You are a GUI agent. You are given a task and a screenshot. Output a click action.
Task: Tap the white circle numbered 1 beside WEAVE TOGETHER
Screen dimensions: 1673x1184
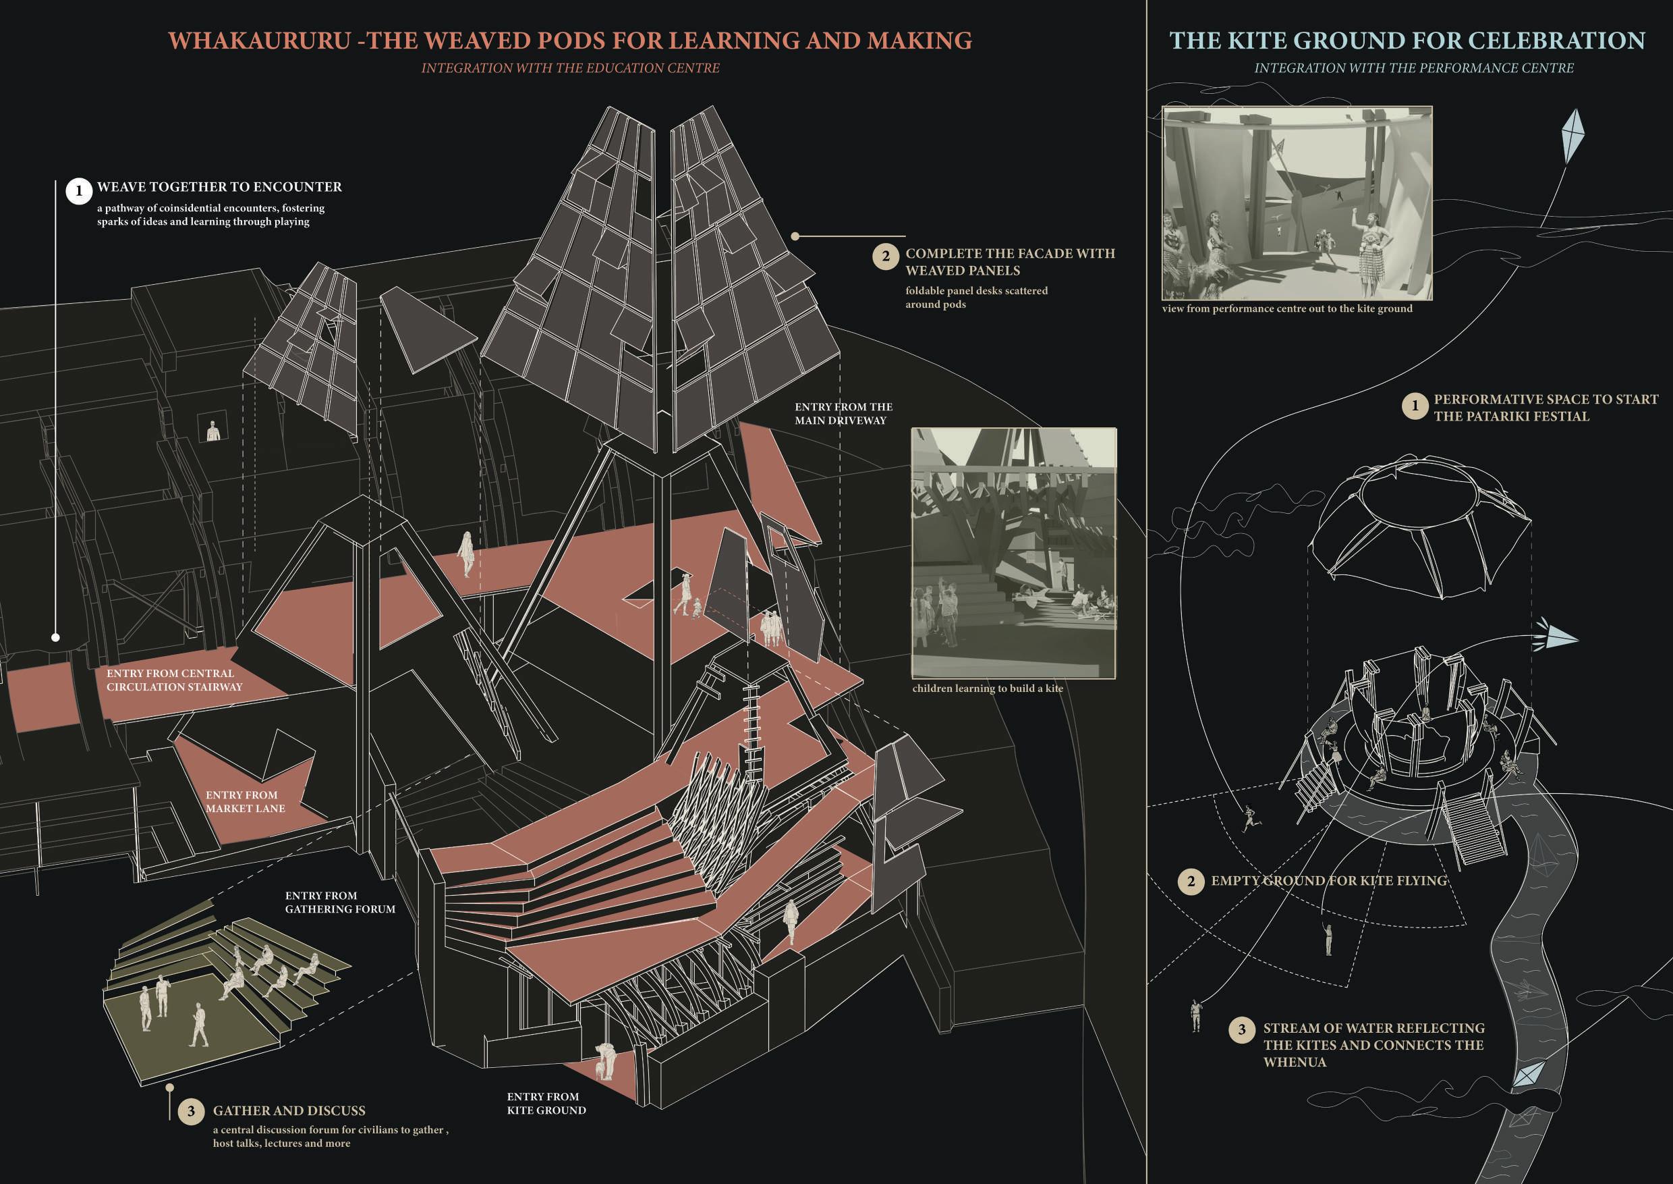[79, 191]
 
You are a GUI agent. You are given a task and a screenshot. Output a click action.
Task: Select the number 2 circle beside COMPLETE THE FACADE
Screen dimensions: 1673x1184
[885, 257]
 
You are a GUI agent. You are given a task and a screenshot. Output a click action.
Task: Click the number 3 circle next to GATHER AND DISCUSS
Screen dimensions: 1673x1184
[191, 1111]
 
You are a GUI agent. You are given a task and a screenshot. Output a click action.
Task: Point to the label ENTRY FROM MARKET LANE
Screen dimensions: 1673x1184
[245, 802]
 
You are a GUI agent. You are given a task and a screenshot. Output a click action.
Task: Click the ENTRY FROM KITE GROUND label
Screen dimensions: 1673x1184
[546, 1103]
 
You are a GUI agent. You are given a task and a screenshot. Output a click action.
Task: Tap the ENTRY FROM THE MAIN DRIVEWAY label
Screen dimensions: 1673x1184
[843, 413]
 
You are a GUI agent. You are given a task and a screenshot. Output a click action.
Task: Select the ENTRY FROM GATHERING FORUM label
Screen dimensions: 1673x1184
[339, 902]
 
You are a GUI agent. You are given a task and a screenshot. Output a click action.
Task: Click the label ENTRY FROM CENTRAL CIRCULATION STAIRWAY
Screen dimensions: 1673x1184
[173, 680]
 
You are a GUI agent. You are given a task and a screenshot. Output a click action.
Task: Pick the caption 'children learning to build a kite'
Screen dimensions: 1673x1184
[988, 689]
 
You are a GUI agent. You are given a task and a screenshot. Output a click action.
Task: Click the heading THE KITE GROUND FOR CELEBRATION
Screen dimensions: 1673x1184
[1407, 41]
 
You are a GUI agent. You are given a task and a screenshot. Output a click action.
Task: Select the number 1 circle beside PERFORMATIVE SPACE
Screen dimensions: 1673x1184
[1415, 406]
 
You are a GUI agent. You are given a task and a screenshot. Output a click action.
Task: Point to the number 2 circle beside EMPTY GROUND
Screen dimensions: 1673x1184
[1191, 881]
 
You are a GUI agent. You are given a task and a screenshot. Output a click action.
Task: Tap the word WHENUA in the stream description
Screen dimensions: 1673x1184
[1294, 1062]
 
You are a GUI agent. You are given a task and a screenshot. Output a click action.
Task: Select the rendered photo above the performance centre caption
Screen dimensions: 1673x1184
[1297, 203]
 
